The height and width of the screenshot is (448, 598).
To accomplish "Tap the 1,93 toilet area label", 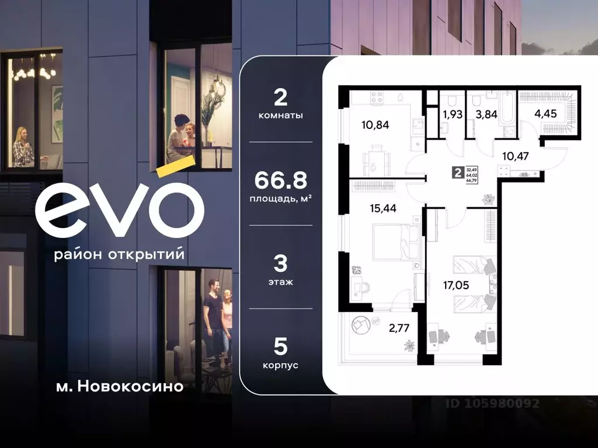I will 453,114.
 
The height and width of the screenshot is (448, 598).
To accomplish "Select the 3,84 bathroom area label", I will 486,114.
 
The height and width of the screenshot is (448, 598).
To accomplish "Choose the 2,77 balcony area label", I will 399,328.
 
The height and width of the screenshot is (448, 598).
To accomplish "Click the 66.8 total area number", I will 280,180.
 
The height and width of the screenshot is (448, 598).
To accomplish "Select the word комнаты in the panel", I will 280,116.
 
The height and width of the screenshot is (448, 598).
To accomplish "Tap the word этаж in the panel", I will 280,282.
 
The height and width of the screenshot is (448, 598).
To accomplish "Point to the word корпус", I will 280,365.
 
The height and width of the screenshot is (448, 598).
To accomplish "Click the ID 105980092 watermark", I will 492,403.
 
